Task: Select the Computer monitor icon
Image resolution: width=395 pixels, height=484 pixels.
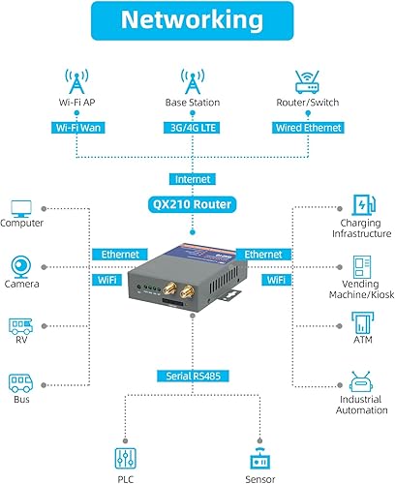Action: click(x=21, y=208)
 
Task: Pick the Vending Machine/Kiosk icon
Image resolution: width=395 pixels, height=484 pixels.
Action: click(x=363, y=264)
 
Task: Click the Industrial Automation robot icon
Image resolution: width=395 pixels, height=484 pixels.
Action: click(x=363, y=385)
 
